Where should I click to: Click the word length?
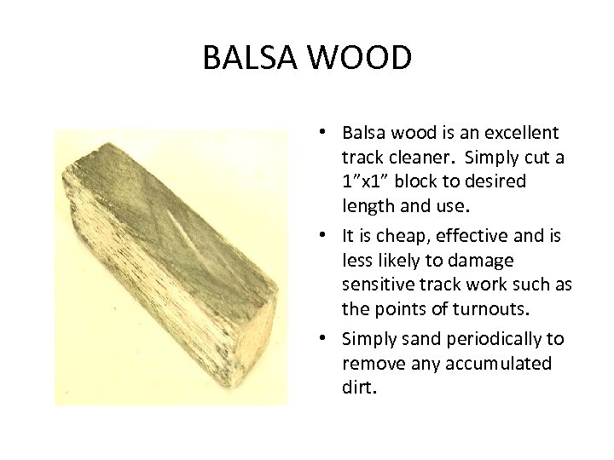click(366, 206)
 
